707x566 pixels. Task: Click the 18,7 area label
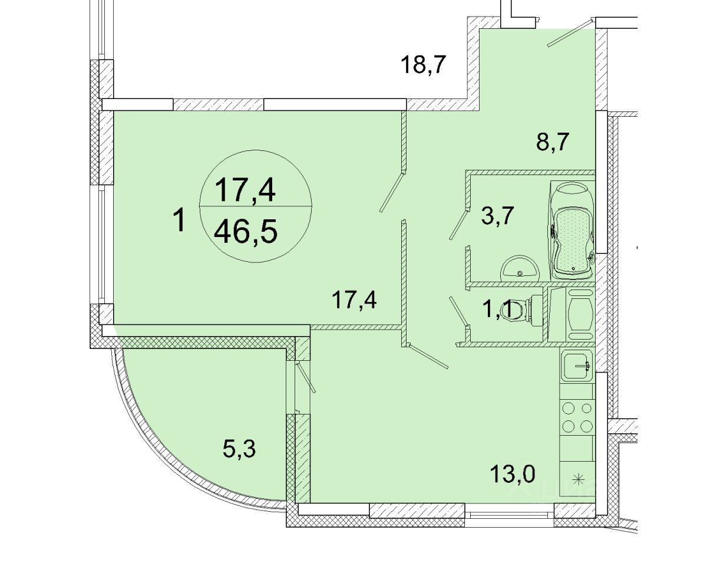[x=424, y=65]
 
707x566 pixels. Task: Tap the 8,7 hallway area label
[x=552, y=141]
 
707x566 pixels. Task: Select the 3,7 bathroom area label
[x=497, y=216]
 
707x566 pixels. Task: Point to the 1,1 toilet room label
[x=497, y=310]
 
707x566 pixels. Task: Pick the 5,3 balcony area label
[x=239, y=449]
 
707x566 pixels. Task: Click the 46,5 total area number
[x=246, y=231]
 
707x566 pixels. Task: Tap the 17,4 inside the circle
[x=246, y=190]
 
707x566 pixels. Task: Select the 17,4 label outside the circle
[x=354, y=300]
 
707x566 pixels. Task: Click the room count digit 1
[x=180, y=221]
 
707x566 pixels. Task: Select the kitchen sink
[x=577, y=366]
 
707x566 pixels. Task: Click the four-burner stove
[x=577, y=417]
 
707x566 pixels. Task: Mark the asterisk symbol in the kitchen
[x=577, y=480]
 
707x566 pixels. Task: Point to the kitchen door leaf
[x=427, y=357]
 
